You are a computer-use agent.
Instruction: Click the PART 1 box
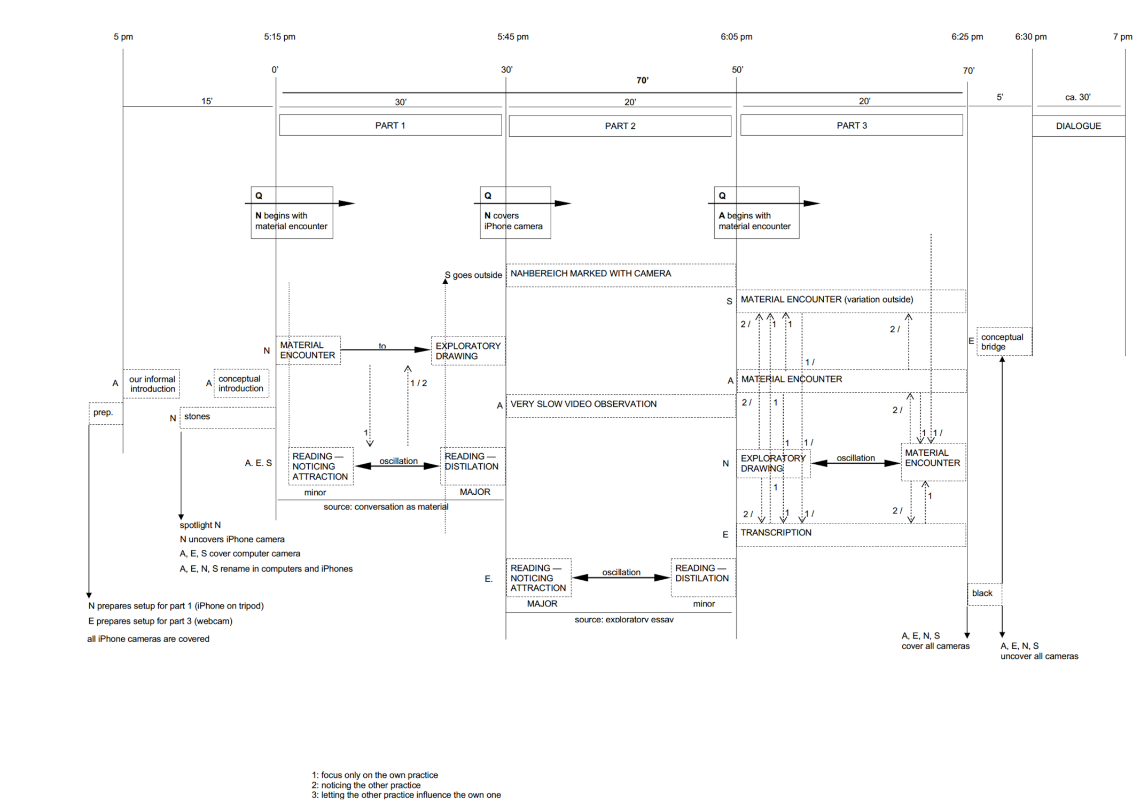[390, 126]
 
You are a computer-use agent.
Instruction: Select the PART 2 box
[620, 126]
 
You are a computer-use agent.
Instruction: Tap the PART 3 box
[852, 126]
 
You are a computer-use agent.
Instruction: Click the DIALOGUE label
[1078, 126]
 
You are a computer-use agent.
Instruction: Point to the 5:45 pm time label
[513, 37]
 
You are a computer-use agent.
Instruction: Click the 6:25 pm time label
[967, 37]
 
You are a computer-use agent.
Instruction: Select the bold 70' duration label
[642, 80]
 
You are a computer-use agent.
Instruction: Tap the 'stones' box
[228, 417]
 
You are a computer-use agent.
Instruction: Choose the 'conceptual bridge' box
[1004, 342]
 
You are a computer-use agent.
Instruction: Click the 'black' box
[984, 594]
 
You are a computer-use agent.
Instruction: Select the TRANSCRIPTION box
[850, 534]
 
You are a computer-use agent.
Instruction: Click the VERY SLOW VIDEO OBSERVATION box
[620, 405]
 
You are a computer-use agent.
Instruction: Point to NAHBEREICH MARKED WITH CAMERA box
[620, 275]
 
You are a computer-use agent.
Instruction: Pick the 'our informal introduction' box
[152, 384]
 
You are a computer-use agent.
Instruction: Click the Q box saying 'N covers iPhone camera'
[515, 213]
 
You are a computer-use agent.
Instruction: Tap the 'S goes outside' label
[473, 275]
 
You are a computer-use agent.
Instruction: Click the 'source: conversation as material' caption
[386, 507]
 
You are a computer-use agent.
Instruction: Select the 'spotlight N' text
[200, 525]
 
